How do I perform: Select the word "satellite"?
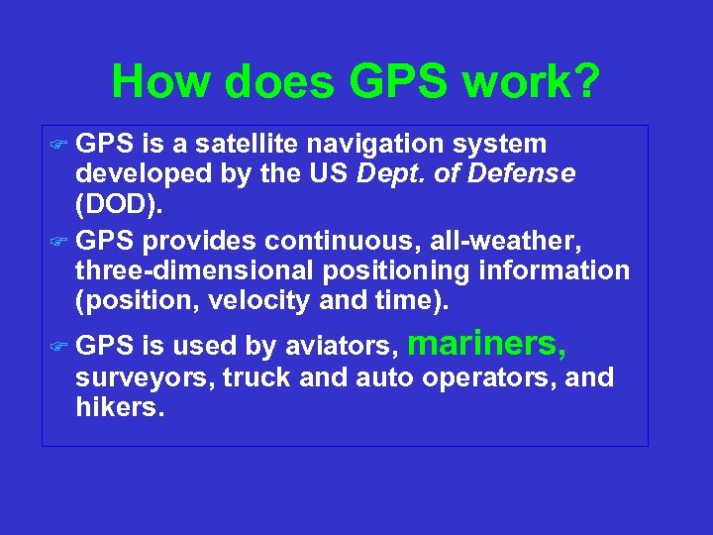tap(244, 146)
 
